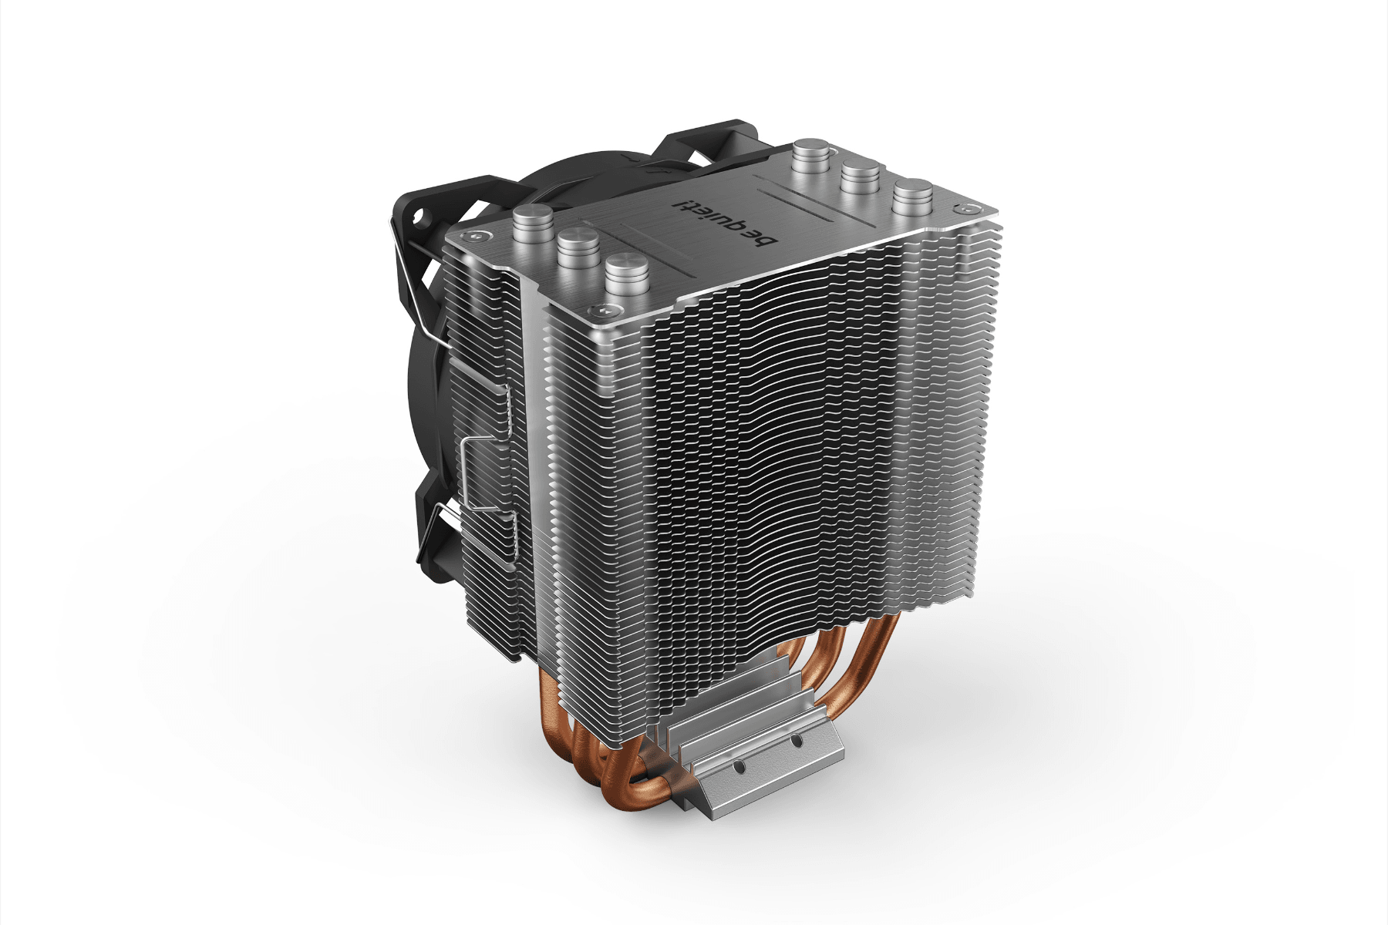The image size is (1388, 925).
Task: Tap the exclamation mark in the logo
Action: tap(680, 205)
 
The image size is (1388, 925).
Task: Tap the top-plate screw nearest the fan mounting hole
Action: tap(466, 237)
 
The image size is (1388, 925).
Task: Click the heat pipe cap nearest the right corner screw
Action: tap(913, 194)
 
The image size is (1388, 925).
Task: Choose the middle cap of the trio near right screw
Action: tap(861, 175)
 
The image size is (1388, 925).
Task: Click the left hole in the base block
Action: tap(738, 768)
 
